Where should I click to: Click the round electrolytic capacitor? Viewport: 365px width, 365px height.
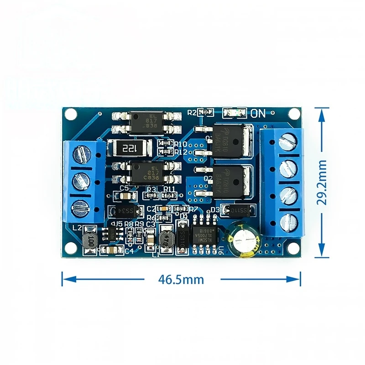(x=245, y=238)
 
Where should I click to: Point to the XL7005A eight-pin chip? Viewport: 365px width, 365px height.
(x=205, y=236)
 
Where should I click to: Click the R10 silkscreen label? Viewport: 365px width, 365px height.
(x=181, y=142)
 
